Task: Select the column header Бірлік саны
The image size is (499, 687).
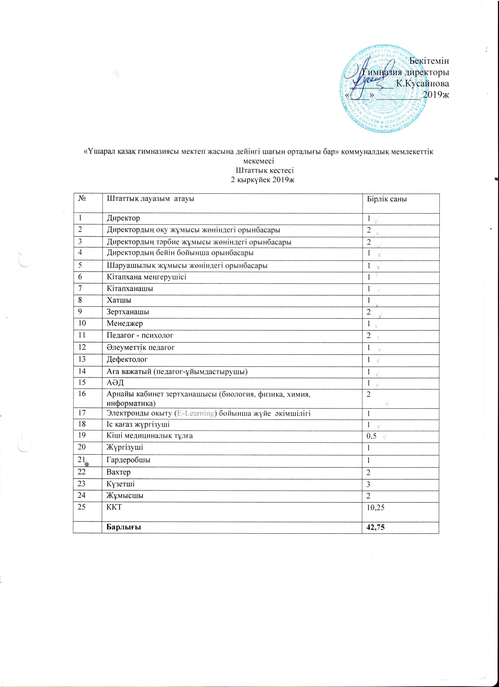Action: pos(387,199)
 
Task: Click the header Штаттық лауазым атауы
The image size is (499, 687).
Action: pos(150,199)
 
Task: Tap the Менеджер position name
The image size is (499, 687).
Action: pos(125,324)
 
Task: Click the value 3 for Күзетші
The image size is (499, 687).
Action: pos(369,484)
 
